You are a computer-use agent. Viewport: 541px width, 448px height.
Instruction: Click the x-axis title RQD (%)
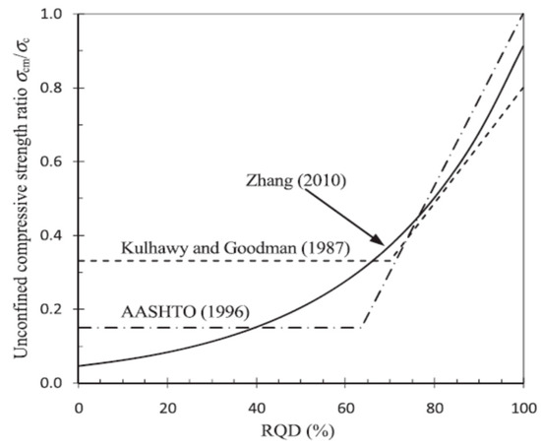[300, 431]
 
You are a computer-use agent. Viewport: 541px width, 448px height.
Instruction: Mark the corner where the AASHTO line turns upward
[362, 327]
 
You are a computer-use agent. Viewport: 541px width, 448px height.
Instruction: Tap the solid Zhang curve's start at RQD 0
[77, 366]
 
